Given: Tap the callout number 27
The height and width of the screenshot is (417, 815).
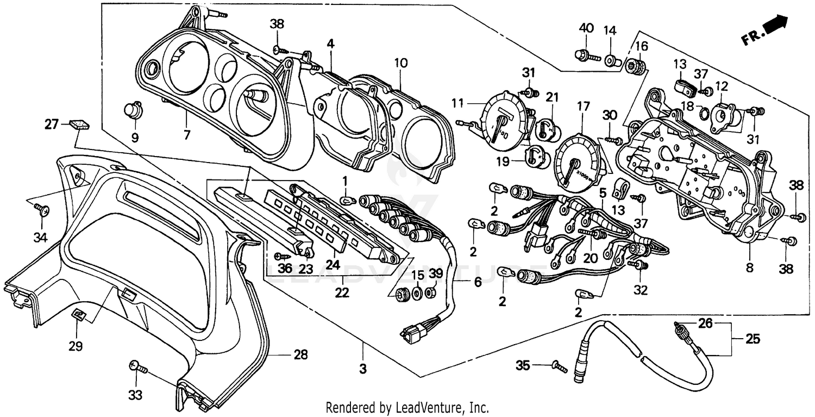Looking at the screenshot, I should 52,125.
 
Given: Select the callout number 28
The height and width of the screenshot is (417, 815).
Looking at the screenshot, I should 300,356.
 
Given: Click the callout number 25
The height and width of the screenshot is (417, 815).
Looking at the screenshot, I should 753,340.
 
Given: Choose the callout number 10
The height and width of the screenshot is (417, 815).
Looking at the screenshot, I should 400,63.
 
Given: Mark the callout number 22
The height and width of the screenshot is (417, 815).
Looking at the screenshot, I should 342,293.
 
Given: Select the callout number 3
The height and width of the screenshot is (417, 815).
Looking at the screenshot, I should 363,369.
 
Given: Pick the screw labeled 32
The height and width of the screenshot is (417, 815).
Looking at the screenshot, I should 638,265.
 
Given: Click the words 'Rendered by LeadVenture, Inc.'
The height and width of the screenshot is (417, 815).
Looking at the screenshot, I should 407,407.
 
